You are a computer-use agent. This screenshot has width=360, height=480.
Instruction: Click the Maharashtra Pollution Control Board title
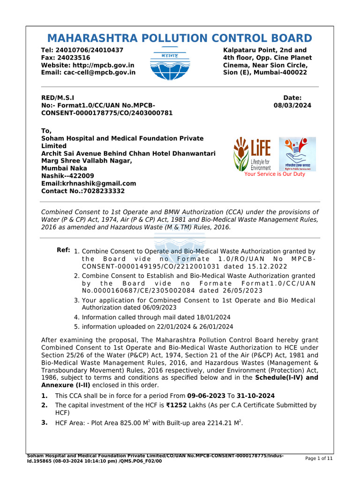[180, 38]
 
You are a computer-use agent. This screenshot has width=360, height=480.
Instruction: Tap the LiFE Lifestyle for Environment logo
[252, 154]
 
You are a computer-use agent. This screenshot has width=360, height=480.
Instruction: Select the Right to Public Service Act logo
[297, 154]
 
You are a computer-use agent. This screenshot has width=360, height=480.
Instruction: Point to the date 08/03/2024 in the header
[292, 105]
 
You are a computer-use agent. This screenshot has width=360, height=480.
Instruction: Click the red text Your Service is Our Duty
[274, 174]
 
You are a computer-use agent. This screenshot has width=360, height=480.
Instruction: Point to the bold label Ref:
[63, 250]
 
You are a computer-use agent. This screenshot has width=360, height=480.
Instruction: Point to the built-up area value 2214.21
[217, 423]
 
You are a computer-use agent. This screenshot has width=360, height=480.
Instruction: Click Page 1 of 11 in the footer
[319, 458]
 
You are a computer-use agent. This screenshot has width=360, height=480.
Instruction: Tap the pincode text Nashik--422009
[67, 176]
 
